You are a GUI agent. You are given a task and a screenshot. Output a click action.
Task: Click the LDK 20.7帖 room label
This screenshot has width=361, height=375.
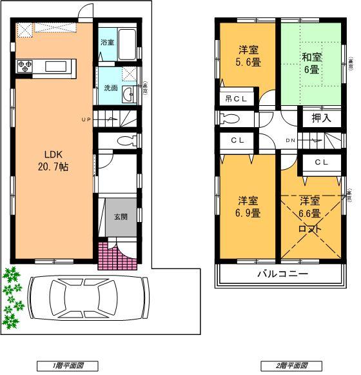click(56, 160)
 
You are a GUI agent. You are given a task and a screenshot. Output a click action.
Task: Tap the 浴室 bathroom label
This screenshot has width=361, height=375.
click(106, 43)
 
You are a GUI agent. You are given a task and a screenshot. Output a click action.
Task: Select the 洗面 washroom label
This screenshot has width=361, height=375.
click(110, 88)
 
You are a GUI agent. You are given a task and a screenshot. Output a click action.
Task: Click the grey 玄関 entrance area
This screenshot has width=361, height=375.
click(121, 217)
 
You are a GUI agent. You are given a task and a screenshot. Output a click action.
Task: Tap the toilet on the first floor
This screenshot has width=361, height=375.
click(125, 141)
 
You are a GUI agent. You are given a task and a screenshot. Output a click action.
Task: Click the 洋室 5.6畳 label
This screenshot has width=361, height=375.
click(248, 56)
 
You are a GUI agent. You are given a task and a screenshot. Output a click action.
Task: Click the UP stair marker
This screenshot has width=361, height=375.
click(86, 120)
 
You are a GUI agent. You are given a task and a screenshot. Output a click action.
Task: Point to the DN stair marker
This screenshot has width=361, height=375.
click(291, 140)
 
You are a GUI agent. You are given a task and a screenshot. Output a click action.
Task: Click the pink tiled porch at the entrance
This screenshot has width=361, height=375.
click(108, 256)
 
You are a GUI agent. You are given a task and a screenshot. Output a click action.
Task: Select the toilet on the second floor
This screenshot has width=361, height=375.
click(230, 119)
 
